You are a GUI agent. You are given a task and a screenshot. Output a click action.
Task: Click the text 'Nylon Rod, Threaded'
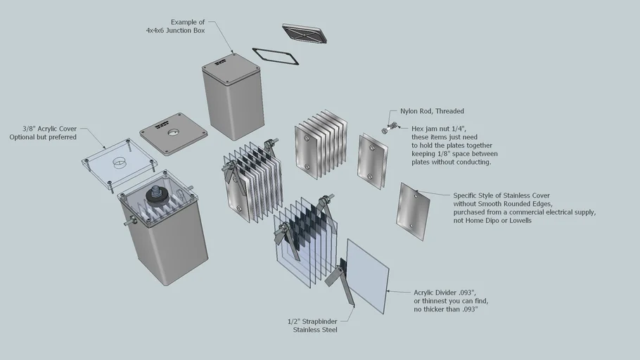(432, 111)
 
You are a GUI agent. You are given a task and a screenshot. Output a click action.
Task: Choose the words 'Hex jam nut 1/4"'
(437, 129)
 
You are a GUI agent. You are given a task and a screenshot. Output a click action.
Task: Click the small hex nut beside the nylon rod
(385, 131)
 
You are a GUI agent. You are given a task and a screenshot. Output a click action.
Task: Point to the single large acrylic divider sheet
(367, 275)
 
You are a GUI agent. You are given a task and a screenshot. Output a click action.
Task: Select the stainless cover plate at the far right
(414, 212)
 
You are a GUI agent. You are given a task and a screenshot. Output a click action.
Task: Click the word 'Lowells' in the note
(519, 220)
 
